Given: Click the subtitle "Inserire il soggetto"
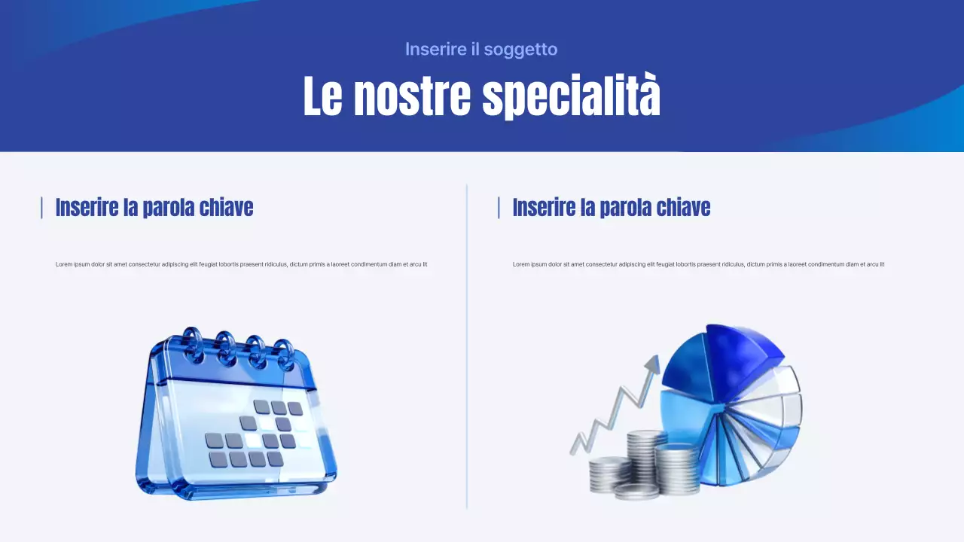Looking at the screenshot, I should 481,50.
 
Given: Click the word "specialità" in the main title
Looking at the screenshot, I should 571,96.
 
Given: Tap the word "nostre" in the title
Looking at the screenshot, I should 412,96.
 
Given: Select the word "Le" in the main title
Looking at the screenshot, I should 322,96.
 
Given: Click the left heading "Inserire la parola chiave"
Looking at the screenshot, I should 154,207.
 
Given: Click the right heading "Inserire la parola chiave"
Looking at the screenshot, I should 612,207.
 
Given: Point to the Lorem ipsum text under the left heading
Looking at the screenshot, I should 241,264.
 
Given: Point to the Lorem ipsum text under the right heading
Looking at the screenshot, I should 698,264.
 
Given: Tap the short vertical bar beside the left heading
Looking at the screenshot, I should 41,208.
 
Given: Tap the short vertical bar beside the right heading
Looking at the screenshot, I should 499,208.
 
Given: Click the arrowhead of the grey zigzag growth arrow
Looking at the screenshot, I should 652,365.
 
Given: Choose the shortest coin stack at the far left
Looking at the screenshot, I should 609,474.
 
